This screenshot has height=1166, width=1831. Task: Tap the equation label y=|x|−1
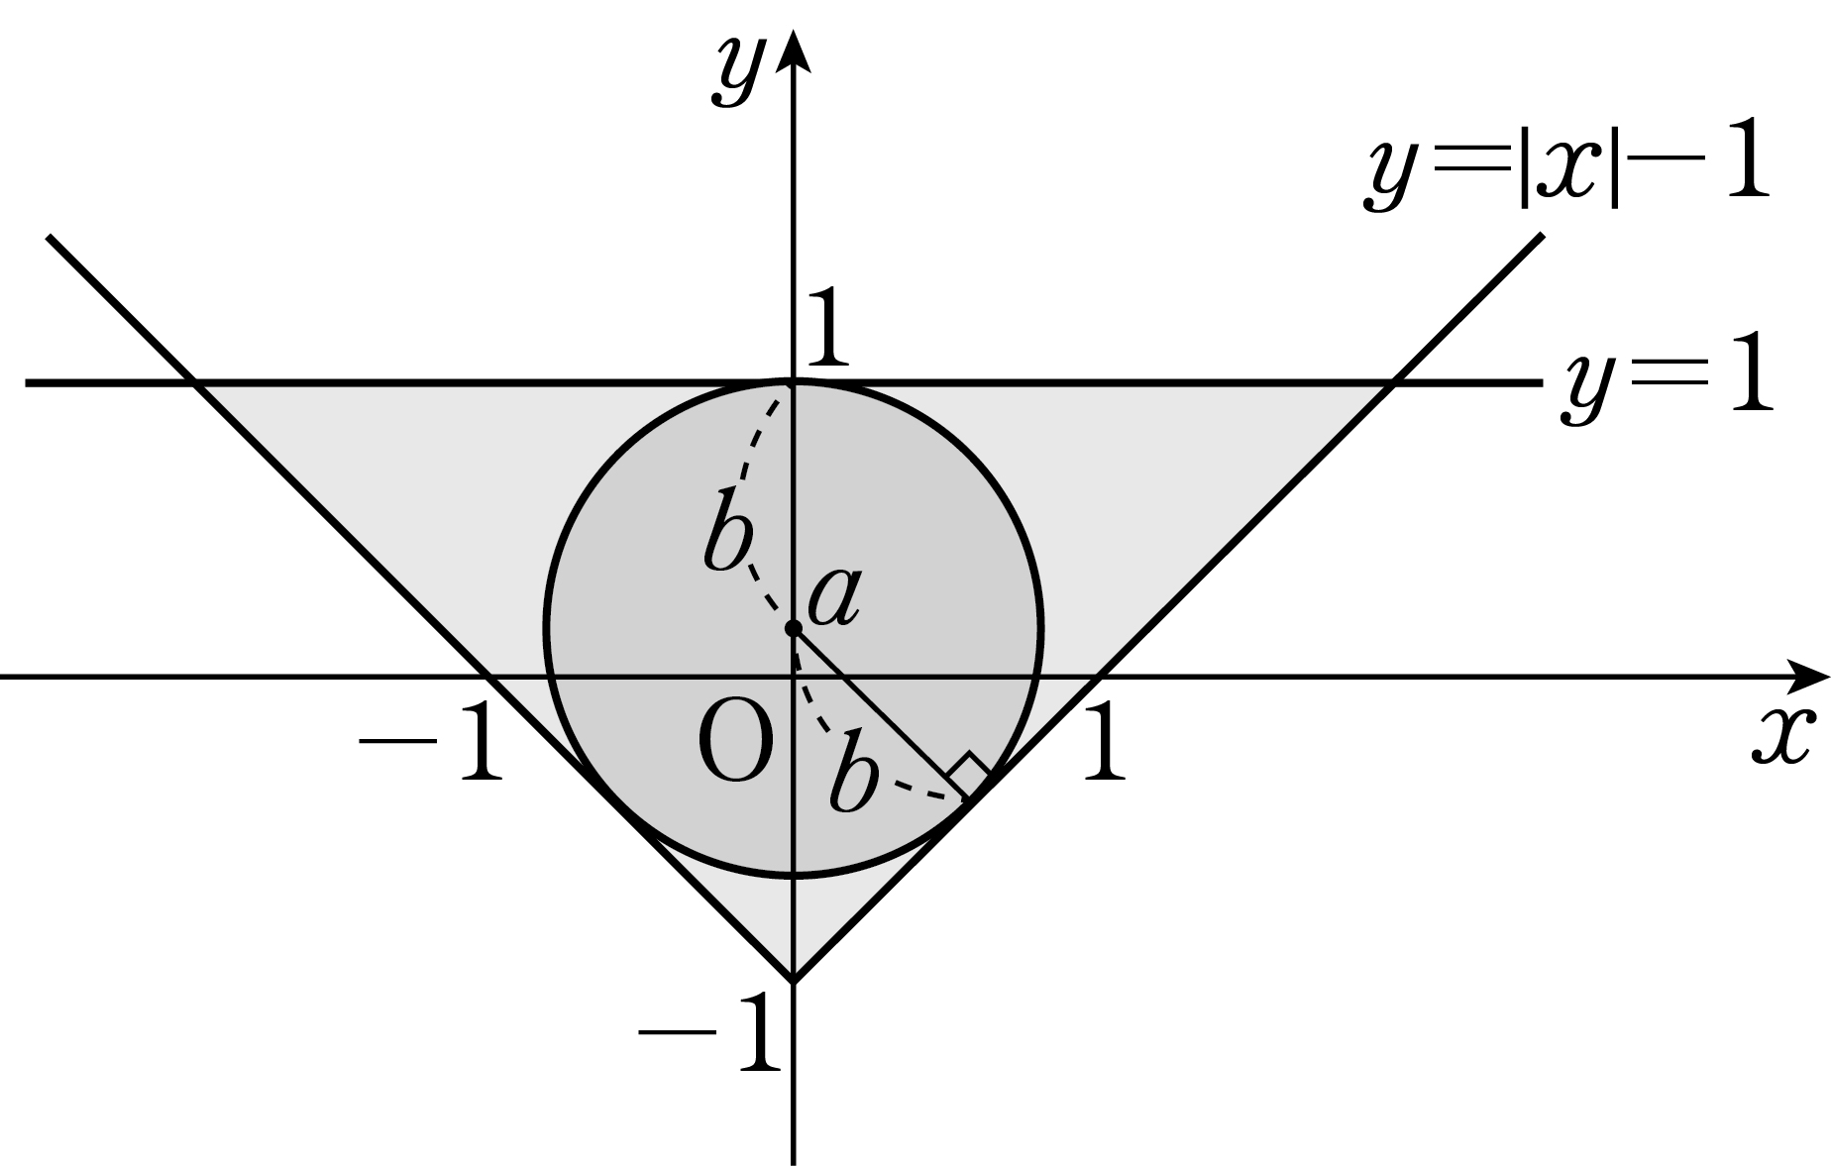(x=1566, y=170)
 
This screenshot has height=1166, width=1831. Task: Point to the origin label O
(x=735, y=746)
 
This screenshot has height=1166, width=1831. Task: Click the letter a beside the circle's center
(x=833, y=600)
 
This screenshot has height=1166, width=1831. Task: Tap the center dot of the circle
(x=793, y=628)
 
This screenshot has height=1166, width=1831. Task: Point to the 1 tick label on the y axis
(x=826, y=331)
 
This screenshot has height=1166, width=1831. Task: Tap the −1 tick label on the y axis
(x=709, y=1036)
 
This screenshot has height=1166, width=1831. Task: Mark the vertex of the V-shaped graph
(x=793, y=981)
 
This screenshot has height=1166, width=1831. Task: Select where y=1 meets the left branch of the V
(x=194, y=382)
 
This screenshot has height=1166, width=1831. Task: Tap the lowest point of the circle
(x=793, y=876)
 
